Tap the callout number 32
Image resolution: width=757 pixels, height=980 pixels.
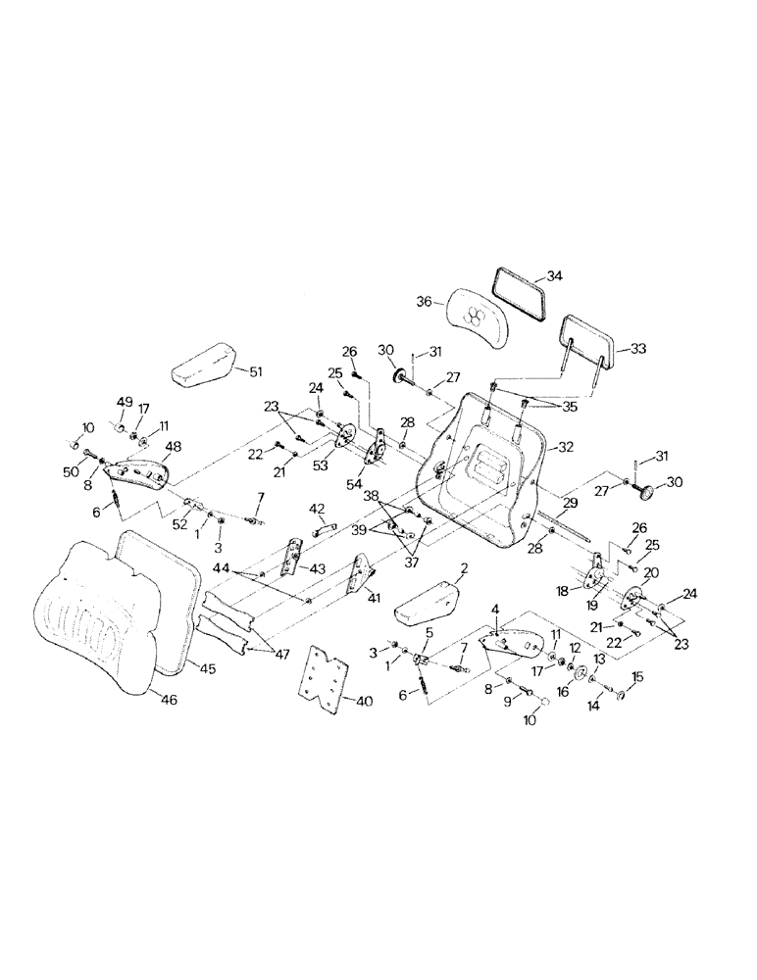pos(565,446)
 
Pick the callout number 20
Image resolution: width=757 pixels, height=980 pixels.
pos(651,572)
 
